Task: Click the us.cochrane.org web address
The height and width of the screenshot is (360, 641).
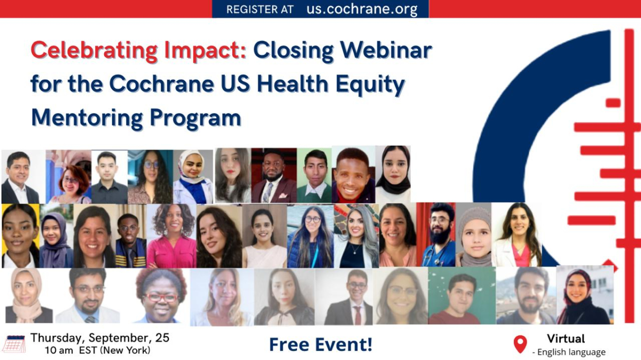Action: pyautogui.click(x=362, y=9)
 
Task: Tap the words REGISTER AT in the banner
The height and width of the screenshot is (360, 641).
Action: pyautogui.click(x=260, y=10)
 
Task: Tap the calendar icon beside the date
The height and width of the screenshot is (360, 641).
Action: pyautogui.click(x=14, y=344)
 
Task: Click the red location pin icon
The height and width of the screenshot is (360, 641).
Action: pyautogui.click(x=520, y=344)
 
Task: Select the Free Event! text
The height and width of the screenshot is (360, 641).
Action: pyautogui.click(x=321, y=345)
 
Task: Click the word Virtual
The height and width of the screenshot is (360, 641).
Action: pyautogui.click(x=566, y=339)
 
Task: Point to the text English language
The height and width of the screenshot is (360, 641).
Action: pyautogui.click(x=572, y=351)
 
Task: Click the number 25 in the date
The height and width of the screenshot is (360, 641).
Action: pyautogui.click(x=162, y=338)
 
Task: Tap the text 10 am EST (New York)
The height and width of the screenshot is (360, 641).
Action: pyautogui.click(x=98, y=350)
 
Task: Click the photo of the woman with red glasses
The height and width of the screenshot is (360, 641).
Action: pyautogui.click(x=161, y=296)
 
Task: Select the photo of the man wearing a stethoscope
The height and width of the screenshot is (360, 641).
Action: pyautogui.click(x=436, y=234)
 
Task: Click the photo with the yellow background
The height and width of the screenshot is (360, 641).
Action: pyautogui.click(x=21, y=236)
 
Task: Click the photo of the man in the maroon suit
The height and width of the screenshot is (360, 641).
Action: pyautogui.click(x=274, y=175)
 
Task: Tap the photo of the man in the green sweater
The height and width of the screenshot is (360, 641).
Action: pyautogui.click(x=314, y=175)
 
